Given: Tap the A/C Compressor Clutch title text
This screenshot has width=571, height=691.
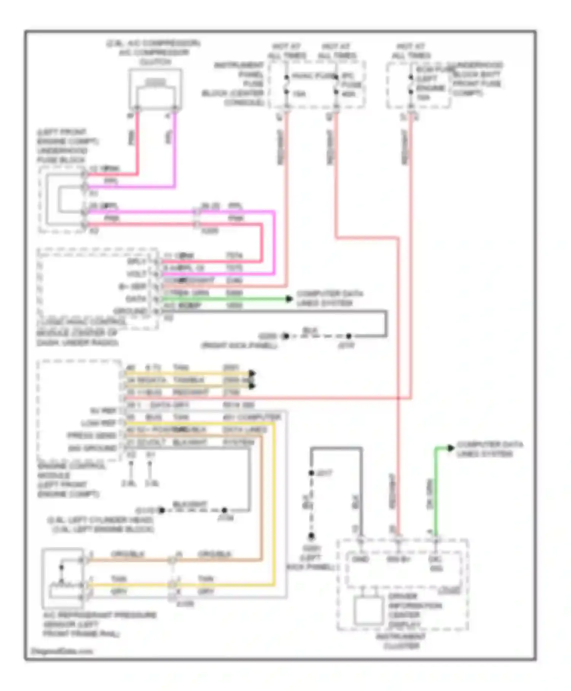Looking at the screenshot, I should [x=154, y=52].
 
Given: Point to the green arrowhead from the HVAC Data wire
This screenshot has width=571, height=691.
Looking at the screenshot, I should [x=289, y=299].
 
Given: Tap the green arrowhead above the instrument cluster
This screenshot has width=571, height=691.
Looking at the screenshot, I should [x=450, y=448].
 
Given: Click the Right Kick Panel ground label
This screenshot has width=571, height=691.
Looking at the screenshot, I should [x=239, y=345].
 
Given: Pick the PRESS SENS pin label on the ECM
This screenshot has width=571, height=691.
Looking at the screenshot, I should [x=92, y=435].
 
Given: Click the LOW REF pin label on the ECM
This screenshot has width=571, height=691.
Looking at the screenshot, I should [x=98, y=423].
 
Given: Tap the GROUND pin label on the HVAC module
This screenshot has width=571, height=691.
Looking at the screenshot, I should [x=130, y=311].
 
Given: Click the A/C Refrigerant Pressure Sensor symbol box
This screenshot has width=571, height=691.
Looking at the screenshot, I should [x=63, y=578].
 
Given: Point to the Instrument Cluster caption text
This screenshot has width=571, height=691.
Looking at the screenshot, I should [x=401, y=641].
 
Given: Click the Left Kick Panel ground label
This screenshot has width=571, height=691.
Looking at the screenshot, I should [x=310, y=558].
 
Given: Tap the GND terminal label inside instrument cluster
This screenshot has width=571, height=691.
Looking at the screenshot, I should [x=360, y=559].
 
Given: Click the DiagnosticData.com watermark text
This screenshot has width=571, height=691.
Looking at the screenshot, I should [x=62, y=651].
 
